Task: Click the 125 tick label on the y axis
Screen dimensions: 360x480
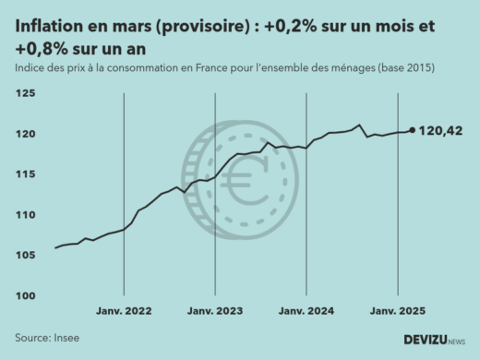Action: point(25,94)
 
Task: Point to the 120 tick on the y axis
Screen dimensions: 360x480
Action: point(25,134)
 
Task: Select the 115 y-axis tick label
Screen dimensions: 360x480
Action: point(25,174)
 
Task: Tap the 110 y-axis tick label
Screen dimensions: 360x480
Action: point(25,215)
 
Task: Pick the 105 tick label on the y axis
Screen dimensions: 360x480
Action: point(25,256)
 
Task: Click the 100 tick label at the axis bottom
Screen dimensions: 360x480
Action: point(25,295)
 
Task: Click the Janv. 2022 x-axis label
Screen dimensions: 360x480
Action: point(124,312)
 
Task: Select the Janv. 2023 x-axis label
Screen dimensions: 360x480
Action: point(214,312)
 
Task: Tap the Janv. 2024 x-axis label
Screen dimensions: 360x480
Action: point(306,312)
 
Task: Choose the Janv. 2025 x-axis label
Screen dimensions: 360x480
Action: point(397,312)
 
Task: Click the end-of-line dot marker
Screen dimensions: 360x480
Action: point(412,130)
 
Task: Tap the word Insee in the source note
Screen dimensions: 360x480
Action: point(66,338)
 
